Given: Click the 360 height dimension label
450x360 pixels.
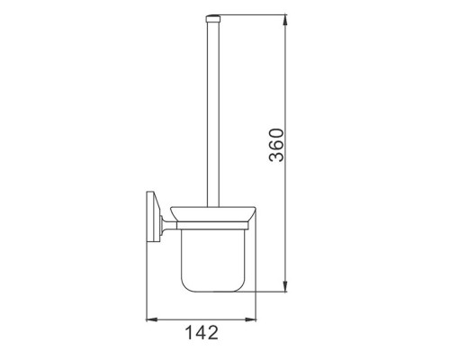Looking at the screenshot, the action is [276, 145].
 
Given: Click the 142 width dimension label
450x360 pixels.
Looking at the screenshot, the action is [202, 332].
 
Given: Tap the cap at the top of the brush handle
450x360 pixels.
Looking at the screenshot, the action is [212, 19].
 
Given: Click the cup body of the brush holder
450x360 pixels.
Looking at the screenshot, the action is [213, 260].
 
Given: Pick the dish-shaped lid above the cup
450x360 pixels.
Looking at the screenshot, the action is [213, 214].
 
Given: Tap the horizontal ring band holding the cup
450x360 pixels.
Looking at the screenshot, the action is [213, 226].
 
